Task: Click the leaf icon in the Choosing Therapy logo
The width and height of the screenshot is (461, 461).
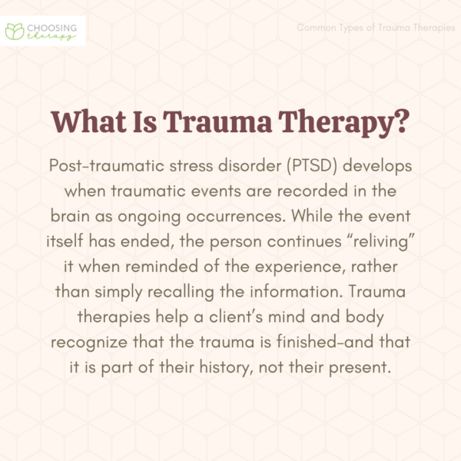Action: pyautogui.click(x=15, y=31)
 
